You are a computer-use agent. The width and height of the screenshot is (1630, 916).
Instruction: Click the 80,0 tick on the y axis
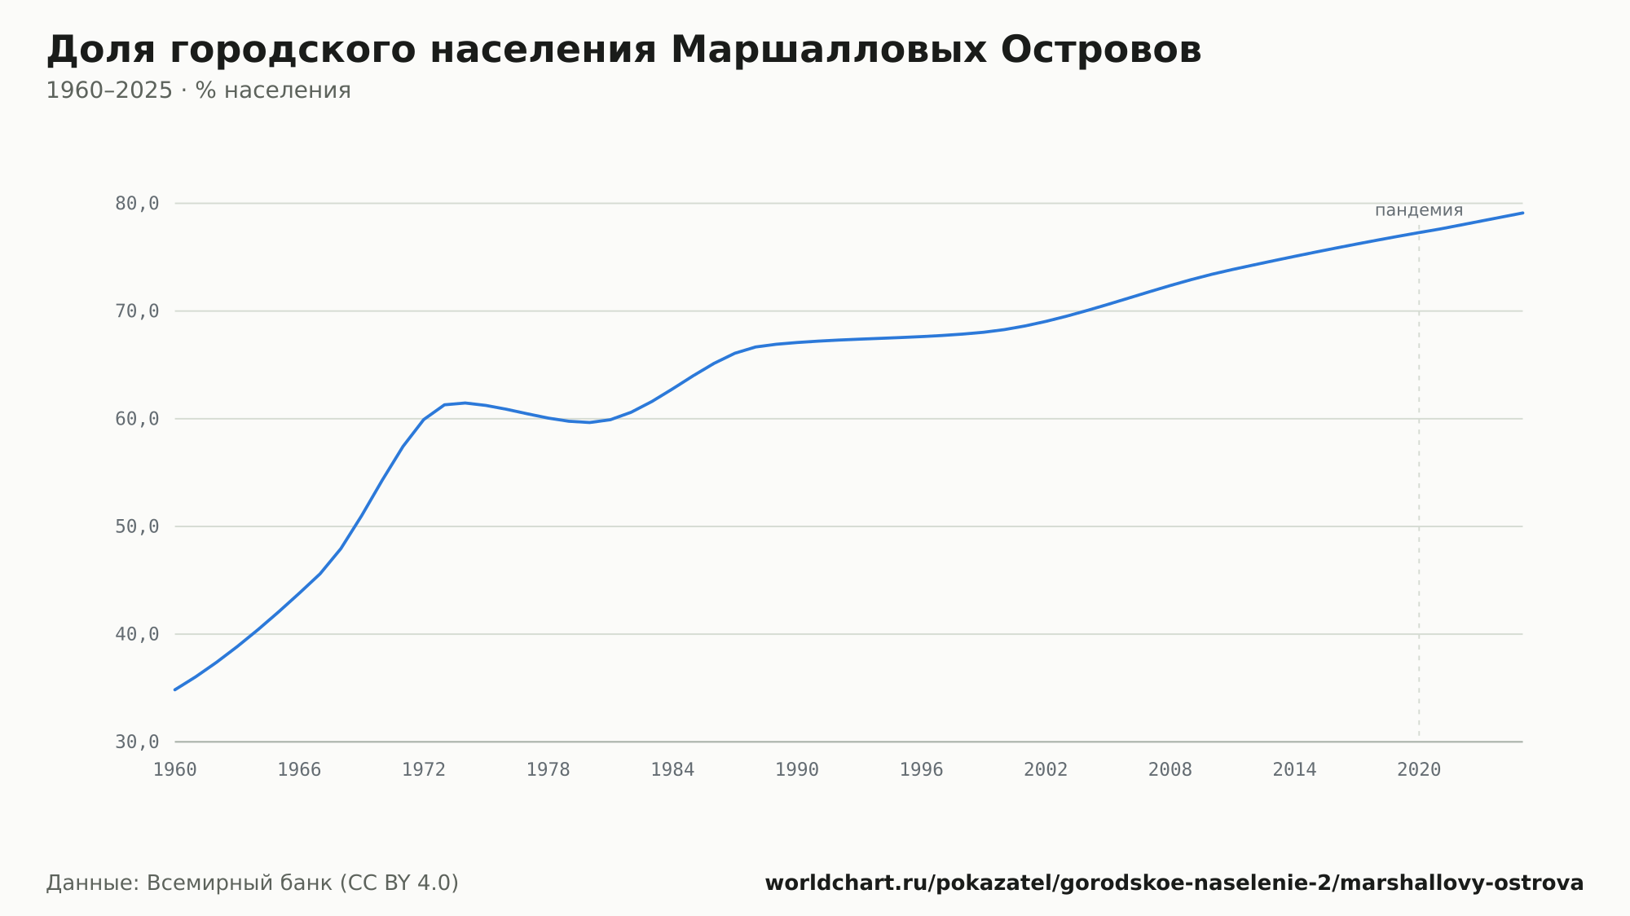point(137,204)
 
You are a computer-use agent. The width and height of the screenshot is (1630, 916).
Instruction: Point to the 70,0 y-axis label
point(137,311)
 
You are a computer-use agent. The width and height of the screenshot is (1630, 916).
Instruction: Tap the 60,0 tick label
point(137,419)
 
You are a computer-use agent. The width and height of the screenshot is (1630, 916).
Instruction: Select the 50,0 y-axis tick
point(137,526)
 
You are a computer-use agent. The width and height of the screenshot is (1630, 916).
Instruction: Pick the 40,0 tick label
point(137,634)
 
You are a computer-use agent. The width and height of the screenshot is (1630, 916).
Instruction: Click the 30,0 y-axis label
point(137,742)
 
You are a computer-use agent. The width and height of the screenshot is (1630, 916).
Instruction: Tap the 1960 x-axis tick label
point(175,770)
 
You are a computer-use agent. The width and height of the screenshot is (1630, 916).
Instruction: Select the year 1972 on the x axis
point(424,770)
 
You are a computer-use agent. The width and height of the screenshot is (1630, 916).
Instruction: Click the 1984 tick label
point(672,770)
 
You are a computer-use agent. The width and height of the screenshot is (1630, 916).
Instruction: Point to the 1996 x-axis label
point(921,770)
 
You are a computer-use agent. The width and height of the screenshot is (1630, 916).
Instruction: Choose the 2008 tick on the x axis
point(1170,770)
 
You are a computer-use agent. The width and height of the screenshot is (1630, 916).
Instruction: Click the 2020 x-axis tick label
point(1419,770)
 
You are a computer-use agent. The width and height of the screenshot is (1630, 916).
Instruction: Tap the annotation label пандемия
point(1419,210)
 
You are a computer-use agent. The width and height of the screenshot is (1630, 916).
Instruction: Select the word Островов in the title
point(1101,50)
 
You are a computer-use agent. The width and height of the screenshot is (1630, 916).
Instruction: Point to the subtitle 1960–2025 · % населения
point(198,90)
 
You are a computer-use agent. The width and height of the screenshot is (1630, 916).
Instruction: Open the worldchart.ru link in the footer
point(1174,883)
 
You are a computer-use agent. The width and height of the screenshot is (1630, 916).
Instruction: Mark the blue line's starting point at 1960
point(175,689)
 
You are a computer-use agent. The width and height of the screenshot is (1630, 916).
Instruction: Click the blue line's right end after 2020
point(1522,213)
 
